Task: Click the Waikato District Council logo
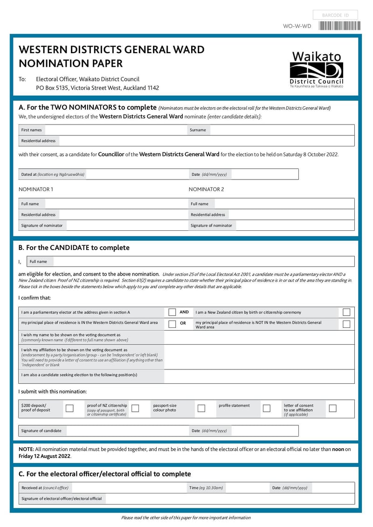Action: pyautogui.click(x=317, y=70)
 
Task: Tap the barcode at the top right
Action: pyautogui.click(x=339, y=26)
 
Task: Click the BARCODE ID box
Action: pyautogui.click(x=335, y=15)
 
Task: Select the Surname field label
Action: pyautogui.click(x=198, y=130)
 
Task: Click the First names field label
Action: pyautogui.click(x=31, y=130)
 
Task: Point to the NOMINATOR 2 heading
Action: pyautogui.click(x=206, y=189)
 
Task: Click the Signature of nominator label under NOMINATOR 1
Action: pyautogui.click(x=41, y=225)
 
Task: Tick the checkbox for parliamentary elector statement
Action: pyautogui.click(x=172, y=312)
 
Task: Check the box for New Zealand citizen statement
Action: pyautogui.click(x=346, y=312)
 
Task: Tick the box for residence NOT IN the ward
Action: pyautogui.click(x=346, y=324)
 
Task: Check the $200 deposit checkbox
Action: pyautogui.click(x=69, y=408)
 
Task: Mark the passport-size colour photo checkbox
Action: pyautogui.click(x=201, y=408)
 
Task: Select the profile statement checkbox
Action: pyautogui.click(x=267, y=408)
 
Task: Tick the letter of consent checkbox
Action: pyautogui.click(x=332, y=408)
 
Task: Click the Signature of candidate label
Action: pyautogui.click(x=41, y=430)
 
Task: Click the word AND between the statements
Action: pyautogui.click(x=184, y=312)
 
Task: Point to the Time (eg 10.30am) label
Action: pyautogui.click(x=206, y=488)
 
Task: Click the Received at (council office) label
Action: pyautogui.click(x=45, y=488)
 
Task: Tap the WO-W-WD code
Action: pyautogui.click(x=297, y=26)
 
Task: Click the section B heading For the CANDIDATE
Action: pyautogui.click(x=74, y=248)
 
